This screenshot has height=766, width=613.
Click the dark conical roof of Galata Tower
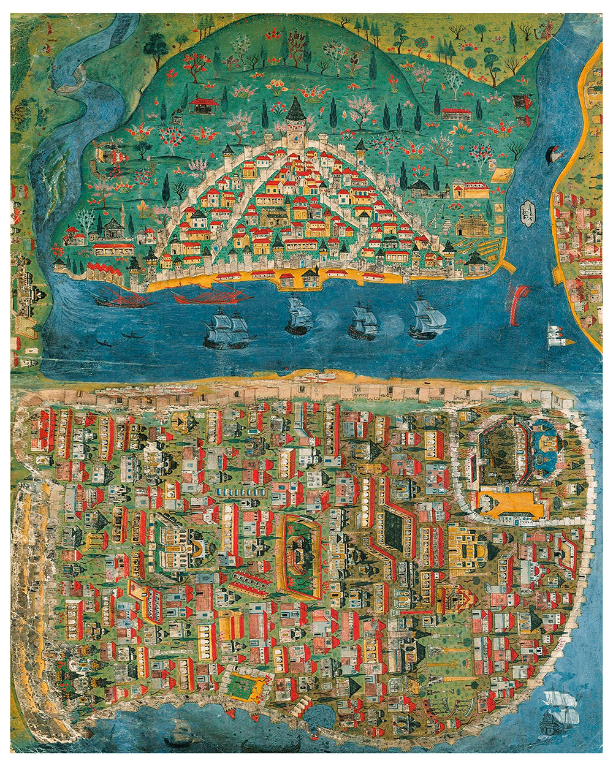[296, 110]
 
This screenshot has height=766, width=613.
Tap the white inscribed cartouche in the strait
[525, 213]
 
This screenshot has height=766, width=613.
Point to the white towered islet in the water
[557, 335]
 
